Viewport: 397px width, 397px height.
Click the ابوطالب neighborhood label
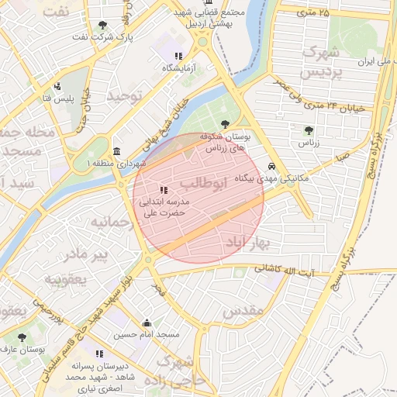coord(205,183)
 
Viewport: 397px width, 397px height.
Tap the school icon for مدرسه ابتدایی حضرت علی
coord(163,190)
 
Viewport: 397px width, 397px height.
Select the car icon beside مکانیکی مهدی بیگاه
coord(271,167)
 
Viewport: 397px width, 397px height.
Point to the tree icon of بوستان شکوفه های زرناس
coord(225,123)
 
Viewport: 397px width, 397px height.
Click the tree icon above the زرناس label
coord(309,130)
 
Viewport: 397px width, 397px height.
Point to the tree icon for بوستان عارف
coord(20,337)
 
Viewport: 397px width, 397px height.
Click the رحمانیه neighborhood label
coord(113,222)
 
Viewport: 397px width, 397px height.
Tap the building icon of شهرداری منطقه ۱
coord(116,151)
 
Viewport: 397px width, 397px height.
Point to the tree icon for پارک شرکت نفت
coord(104,26)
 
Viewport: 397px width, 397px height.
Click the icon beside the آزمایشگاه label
coord(178,56)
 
